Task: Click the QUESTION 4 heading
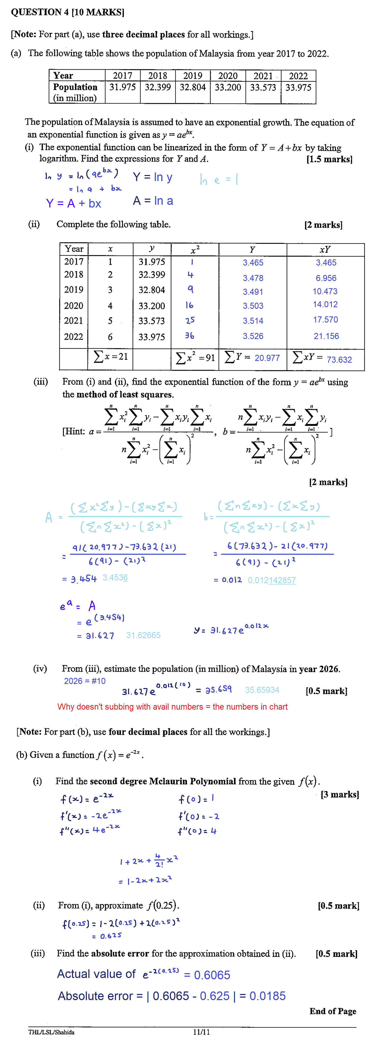(x=67, y=12)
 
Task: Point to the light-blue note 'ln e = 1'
(x=219, y=179)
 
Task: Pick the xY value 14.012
(x=325, y=304)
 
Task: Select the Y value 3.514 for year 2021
(x=253, y=321)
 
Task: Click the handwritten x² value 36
(x=190, y=336)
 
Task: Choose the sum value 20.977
(x=267, y=358)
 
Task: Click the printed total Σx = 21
(x=111, y=357)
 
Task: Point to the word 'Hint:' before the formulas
(x=74, y=431)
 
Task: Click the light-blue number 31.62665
(x=143, y=635)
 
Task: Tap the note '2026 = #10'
(x=85, y=681)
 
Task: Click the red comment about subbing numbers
(x=172, y=707)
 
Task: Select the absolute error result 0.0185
(x=267, y=996)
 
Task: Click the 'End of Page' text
(x=333, y=1011)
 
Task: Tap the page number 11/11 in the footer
(x=201, y=1032)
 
